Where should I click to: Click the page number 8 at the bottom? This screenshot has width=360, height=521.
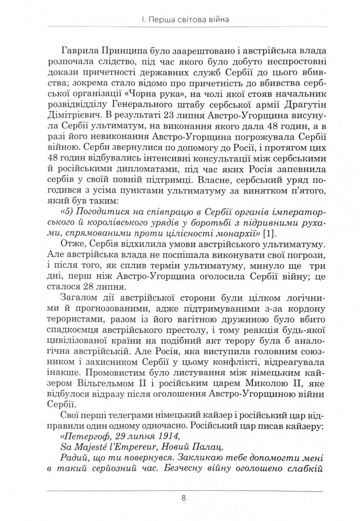pyautogui.click(x=183, y=498)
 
